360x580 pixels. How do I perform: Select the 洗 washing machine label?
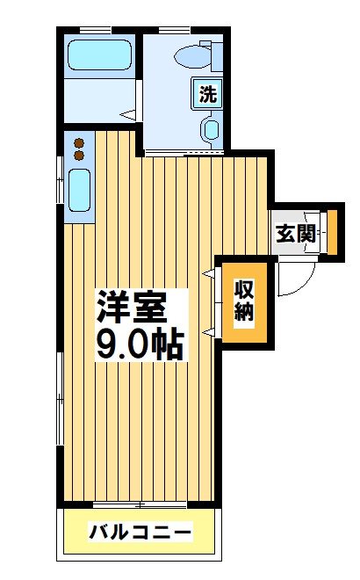[x=207, y=94]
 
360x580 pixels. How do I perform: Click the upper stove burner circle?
[x=78, y=143]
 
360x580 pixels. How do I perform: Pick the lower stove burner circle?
[x=78, y=156]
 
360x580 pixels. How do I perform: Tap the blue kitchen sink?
[x=77, y=188]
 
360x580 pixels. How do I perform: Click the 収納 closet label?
[x=243, y=301]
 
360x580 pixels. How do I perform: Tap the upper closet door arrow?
[x=209, y=275]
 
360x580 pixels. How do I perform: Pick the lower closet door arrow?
[x=209, y=332]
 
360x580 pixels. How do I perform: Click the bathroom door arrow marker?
[x=126, y=114]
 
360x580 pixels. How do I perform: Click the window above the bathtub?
[x=95, y=32]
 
